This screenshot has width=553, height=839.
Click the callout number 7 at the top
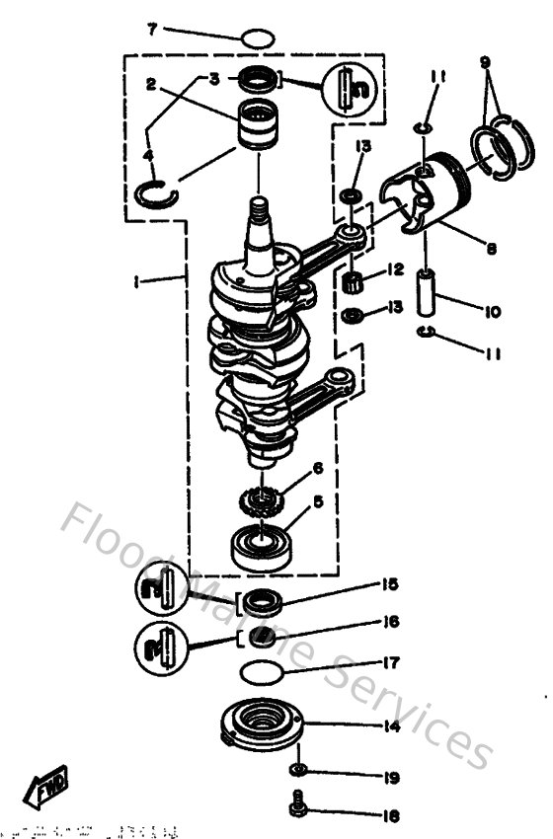(x=152, y=29)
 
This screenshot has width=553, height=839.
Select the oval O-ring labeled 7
(x=257, y=40)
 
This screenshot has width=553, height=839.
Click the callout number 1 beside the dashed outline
(x=138, y=280)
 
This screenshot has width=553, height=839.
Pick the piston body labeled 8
(x=422, y=197)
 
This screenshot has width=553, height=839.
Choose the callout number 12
(x=394, y=268)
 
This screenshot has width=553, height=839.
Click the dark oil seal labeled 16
(x=262, y=636)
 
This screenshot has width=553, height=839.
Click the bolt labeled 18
(x=297, y=808)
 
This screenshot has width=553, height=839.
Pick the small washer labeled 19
(x=297, y=770)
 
